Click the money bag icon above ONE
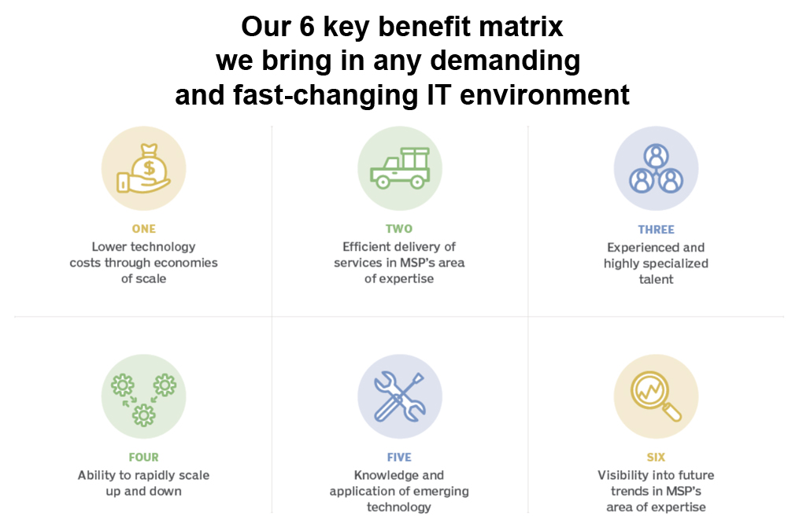pos(144,168)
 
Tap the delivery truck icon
pos(400,168)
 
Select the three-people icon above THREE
pos(656,168)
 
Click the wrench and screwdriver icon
pos(400,396)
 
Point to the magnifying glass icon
pos(656,396)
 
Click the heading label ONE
pos(144,229)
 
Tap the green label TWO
pos(399,229)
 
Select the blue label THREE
pos(656,230)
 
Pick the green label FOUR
pos(144,457)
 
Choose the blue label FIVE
pos(399,457)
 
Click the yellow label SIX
pos(656,457)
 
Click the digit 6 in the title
pos(306,26)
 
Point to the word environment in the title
pos(544,95)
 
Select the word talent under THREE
pos(656,279)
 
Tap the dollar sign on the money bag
pos(149,168)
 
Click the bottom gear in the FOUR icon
pos(144,415)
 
